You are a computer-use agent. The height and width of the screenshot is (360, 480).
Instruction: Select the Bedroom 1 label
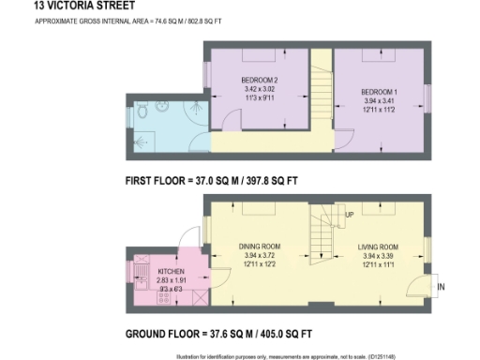380,92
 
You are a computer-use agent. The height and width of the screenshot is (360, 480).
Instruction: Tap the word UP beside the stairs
350,215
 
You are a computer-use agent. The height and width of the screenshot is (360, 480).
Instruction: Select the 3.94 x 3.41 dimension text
380,100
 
